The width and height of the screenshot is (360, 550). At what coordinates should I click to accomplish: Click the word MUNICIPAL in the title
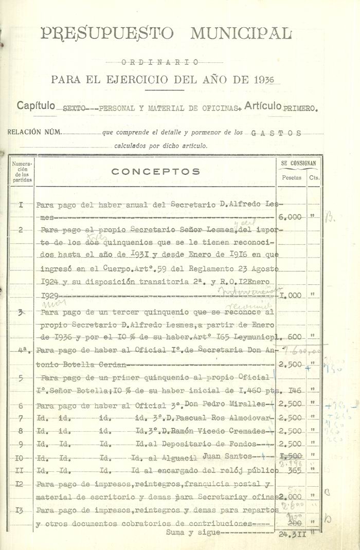click(241, 34)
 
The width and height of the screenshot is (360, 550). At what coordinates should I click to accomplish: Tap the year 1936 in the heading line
click(264, 80)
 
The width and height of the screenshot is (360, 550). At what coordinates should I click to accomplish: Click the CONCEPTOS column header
click(156, 172)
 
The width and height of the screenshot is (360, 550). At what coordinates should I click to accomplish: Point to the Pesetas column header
click(292, 177)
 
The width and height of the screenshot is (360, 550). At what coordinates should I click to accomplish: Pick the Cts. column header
click(314, 177)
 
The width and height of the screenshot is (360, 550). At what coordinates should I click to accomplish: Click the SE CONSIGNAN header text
click(299, 163)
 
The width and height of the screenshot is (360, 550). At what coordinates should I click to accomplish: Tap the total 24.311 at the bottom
click(292, 534)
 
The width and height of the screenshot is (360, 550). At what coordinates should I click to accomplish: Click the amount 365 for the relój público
click(294, 470)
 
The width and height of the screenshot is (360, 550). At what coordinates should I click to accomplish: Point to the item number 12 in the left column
click(21, 484)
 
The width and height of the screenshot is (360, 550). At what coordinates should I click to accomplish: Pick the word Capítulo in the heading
click(35, 106)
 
